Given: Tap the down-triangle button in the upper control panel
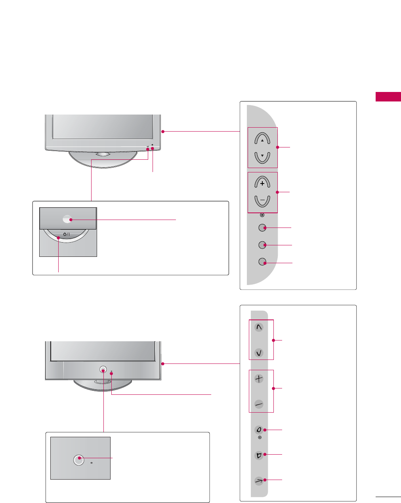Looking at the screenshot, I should [x=262, y=157].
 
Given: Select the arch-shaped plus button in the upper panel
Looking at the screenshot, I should [x=262, y=183].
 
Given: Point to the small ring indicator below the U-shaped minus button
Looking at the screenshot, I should [x=262, y=215].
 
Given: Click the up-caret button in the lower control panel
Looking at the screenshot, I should [x=259, y=328].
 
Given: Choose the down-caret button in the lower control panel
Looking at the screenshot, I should [x=259, y=353].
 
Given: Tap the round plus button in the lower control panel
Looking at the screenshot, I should [x=259, y=379].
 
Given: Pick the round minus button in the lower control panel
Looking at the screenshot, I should [x=259, y=404].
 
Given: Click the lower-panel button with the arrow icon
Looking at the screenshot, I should [x=259, y=481].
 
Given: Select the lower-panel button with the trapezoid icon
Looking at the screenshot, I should [x=259, y=455].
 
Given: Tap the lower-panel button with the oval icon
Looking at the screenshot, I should [x=259, y=430].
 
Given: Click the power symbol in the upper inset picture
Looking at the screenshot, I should [x=66, y=234].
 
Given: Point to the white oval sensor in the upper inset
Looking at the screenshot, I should [x=67, y=219].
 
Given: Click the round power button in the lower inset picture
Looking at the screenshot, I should [x=79, y=459].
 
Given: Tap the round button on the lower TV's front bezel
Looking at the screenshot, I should [x=103, y=369].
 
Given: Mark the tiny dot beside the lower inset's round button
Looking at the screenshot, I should [x=92, y=463].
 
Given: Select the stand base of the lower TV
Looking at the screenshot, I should [x=103, y=385].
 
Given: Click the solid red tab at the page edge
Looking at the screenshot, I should [x=388, y=96].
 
